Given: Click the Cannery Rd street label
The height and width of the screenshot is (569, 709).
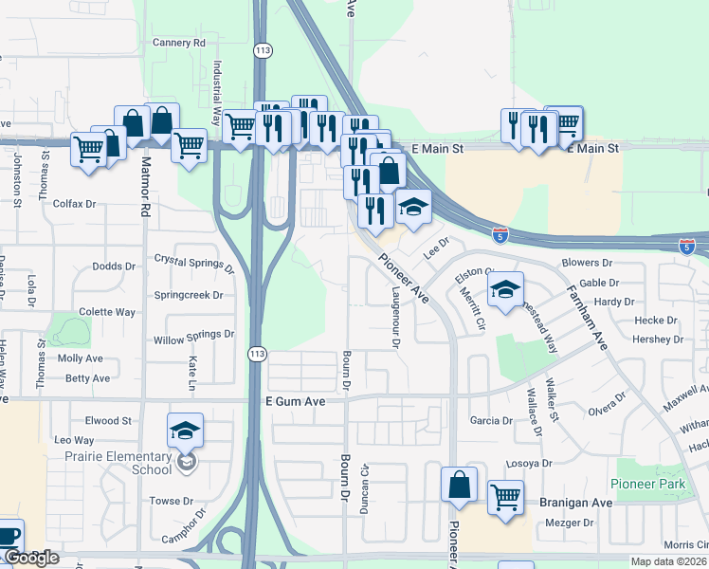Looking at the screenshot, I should tap(178, 43).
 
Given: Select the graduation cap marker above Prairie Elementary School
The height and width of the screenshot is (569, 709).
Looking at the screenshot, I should tap(186, 431).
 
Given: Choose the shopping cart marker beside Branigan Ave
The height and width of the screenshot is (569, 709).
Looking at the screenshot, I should tap(505, 497).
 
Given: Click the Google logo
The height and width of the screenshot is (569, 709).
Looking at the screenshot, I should tap(30, 558).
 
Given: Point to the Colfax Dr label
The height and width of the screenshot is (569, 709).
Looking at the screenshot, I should tap(75, 204).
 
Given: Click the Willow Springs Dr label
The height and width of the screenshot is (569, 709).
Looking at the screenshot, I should tap(193, 335).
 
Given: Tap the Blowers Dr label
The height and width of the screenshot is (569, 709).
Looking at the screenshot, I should tap(593, 263).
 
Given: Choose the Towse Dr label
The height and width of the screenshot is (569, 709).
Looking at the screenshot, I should tap(171, 501).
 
